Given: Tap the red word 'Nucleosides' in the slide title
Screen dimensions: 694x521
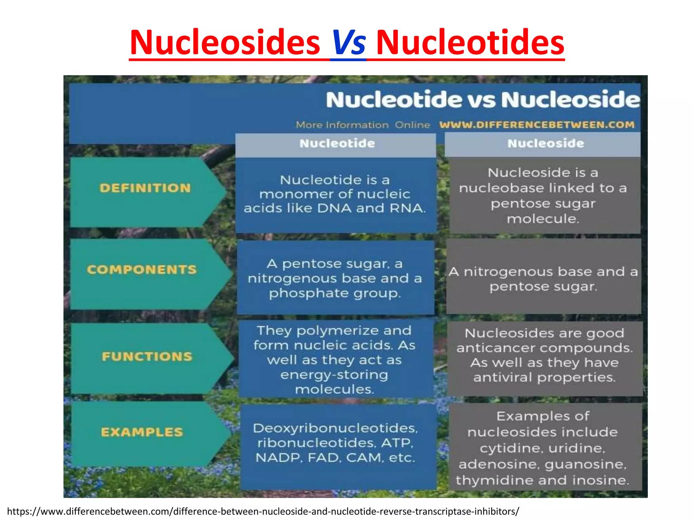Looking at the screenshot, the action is pos(225,43).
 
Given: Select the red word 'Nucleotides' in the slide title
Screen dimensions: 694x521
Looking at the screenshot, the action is pos(470,43).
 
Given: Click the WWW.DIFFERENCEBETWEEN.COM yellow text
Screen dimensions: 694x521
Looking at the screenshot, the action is pos(537,125).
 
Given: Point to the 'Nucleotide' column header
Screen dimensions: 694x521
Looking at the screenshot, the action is pos(337,143).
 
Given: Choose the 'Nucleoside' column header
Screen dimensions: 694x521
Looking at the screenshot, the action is pos(546,143).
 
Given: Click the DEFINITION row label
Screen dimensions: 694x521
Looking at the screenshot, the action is pos(145,188).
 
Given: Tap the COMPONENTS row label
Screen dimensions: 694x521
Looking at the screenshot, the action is pos(142,270).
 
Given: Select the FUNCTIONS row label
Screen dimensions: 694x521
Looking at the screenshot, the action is pos(147,356).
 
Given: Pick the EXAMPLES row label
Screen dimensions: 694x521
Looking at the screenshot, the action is pos(142,432).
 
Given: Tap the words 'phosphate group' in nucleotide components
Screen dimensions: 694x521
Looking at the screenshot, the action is pos(335,293).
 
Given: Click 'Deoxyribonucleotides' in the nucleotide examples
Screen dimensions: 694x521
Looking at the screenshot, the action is pos(335,428).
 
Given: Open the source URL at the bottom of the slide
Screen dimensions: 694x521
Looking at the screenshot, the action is pos(263,511).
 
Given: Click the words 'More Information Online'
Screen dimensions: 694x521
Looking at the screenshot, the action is pos(363,125).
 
